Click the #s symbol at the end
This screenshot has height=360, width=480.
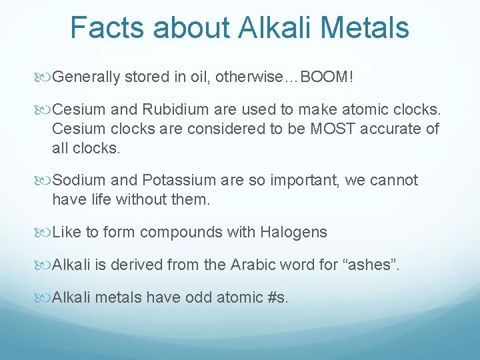click(x=277, y=297)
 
